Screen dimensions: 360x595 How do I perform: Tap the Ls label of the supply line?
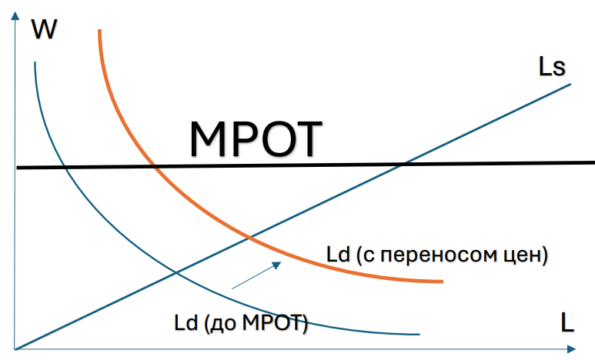coord(551,67)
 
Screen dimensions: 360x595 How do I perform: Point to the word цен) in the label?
coord(523,255)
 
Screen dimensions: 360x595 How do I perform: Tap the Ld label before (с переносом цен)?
coord(336,255)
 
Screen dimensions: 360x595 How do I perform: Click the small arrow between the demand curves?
coord(255,276)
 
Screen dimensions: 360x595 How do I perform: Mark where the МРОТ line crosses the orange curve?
coord(155,167)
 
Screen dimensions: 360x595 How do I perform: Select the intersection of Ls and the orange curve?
coord(252,237)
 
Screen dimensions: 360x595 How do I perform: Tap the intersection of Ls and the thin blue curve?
coord(176,273)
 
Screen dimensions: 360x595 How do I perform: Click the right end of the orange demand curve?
coord(442,282)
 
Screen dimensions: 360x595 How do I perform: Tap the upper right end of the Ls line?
coord(570,82)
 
